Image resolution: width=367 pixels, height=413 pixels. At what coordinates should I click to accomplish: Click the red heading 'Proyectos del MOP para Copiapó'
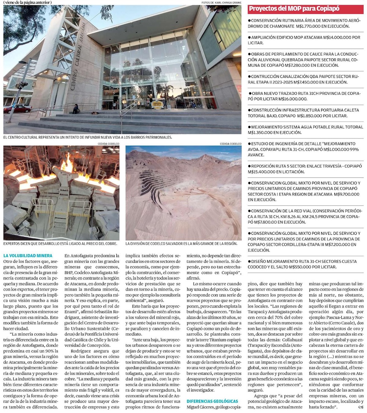coord(294,9)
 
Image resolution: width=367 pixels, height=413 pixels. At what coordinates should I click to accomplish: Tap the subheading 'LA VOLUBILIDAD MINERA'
coord(28,255)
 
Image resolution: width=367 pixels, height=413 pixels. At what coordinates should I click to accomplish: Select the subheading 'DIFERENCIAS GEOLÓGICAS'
coord(212,401)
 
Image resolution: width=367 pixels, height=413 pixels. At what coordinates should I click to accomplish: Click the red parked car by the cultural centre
coord(17,109)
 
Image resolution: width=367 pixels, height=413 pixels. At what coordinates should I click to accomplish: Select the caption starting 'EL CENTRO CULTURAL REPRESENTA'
coord(88,137)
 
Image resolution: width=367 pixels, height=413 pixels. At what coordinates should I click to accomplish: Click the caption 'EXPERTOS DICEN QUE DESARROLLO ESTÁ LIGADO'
coord(61,243)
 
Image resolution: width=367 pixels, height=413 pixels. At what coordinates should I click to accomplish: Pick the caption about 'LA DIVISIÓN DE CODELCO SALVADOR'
coord(181,243)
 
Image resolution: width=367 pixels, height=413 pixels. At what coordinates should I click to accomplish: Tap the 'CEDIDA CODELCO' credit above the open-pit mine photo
coord(230,144)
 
